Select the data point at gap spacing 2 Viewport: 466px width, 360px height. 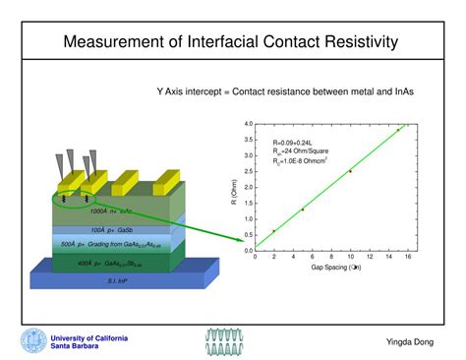coord(273,231)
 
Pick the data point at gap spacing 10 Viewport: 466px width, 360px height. coord(350,171)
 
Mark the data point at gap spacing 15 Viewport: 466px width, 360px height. coord(398,130)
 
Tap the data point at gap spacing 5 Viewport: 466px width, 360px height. coord(302,210)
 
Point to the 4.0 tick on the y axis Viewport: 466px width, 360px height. coord(249,124)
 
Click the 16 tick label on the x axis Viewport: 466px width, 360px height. coord(407,258)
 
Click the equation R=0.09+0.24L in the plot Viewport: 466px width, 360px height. coord(284,143)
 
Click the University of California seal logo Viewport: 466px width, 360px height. coord(32,340)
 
